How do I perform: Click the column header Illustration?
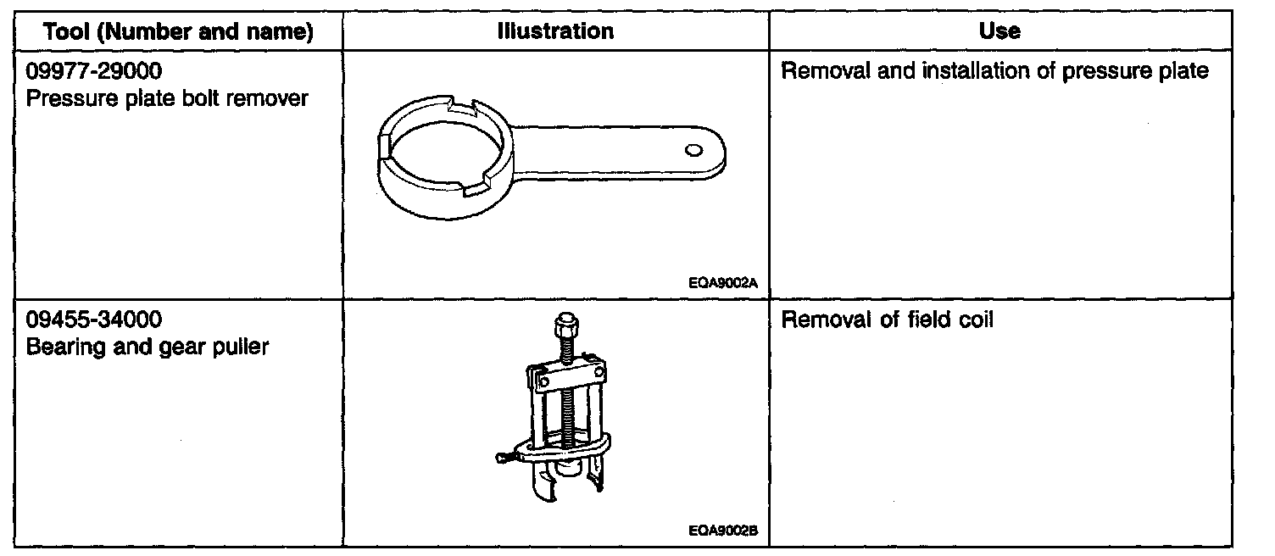click(555, 32)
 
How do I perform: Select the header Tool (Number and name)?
click(178, 32)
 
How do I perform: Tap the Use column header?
click(999, 32)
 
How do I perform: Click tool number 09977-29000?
click(93, 71)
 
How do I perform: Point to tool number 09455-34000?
click(93, 320)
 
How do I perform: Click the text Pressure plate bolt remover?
click(167, 98)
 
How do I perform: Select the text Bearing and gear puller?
click(148, 347)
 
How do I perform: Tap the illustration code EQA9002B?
click(724, 532)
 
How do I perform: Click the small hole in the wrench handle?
click(694, 150)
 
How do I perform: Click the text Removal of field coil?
click(886, 321)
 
